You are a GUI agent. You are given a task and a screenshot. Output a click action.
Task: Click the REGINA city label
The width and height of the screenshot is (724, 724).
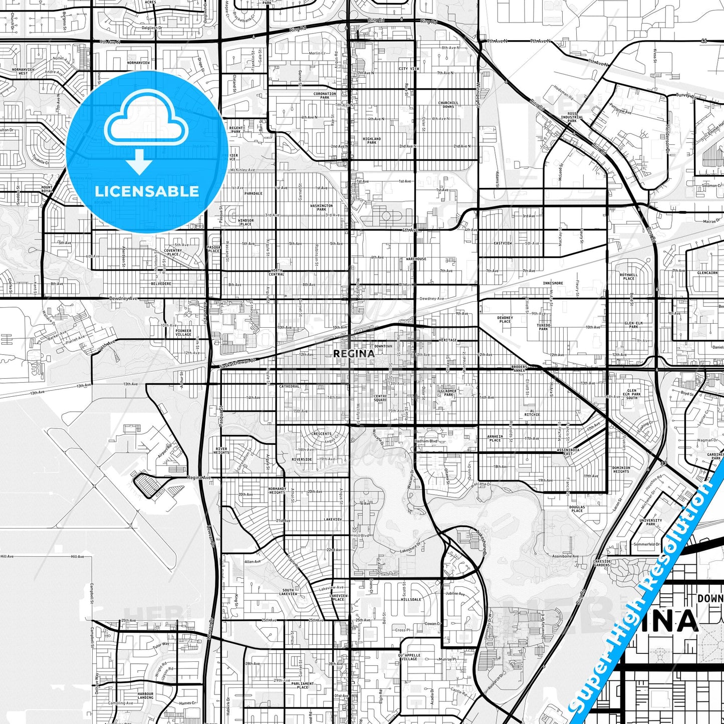354,353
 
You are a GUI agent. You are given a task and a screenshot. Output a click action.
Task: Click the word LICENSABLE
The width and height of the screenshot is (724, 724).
147,191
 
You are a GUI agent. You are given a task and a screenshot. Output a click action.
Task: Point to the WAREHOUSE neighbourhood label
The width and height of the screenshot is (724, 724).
416,259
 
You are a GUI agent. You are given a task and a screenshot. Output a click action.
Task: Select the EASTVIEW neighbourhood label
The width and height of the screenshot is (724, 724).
503,243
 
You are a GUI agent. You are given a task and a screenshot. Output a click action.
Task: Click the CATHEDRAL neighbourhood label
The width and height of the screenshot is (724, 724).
290,386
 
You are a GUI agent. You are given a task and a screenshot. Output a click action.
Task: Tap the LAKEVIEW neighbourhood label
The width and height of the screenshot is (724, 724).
332,520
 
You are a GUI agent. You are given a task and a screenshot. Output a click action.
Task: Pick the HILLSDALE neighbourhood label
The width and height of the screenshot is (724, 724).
411,599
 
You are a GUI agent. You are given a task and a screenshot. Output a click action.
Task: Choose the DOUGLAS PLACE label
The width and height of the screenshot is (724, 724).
577,509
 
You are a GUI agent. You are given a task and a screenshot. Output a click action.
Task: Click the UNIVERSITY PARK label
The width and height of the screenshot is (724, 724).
650,522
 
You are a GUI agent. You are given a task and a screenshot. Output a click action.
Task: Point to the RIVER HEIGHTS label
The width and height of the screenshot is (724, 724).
221,450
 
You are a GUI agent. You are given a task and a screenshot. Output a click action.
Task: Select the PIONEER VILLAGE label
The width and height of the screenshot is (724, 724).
183,333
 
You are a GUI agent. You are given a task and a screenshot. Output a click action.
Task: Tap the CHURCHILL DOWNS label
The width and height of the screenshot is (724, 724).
448,104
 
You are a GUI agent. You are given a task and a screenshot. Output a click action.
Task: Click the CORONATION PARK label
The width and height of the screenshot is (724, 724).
325,95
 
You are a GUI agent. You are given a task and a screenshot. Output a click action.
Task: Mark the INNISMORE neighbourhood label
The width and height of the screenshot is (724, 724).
553,283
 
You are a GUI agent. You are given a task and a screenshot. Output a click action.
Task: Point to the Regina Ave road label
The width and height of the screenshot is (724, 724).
199,477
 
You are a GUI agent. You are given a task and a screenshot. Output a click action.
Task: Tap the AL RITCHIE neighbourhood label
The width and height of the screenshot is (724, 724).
532,413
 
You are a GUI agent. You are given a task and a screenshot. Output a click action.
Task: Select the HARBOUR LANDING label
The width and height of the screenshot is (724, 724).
145,695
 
